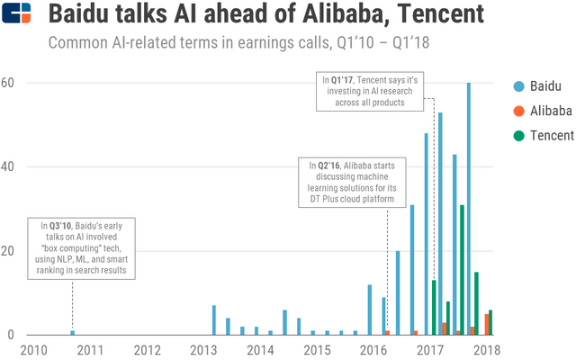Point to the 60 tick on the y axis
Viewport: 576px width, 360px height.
click(8, 83)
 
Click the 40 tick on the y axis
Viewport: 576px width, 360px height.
click(8, 166)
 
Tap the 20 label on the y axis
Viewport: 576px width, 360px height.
click(8, 250)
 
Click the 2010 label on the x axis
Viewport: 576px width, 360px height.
click(34, 348)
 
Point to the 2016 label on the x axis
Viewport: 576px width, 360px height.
click(373, 348)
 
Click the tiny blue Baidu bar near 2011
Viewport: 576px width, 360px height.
click(73, 332)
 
